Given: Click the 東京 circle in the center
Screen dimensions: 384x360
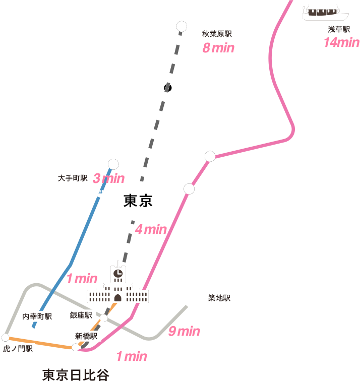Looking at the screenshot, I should coord(138,202).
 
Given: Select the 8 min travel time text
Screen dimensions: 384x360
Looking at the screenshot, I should coord(218,48).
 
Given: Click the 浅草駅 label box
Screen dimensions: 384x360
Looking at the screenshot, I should coord(339,29).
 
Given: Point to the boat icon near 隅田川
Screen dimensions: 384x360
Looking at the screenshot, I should coord(321,12).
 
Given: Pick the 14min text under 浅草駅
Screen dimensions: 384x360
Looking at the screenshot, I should coord(341,43).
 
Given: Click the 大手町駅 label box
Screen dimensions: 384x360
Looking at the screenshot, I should coord(72,178).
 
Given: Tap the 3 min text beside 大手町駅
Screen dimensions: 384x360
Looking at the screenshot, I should coord(108,178).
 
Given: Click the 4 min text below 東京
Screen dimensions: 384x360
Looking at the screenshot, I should coord(151,230).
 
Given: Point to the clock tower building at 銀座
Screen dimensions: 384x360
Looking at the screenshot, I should coord(117,285).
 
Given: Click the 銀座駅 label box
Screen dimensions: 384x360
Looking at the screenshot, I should coord(81,315).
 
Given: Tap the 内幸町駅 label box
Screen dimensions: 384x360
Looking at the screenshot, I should coord(36,316).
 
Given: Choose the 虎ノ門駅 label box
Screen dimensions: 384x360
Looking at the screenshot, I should coord(17,348).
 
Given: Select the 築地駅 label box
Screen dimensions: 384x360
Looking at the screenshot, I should coord(219,298).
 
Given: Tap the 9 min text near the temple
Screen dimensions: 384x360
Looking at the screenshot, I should coord(184,331).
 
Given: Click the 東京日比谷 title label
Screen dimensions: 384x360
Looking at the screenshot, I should coord(75,375).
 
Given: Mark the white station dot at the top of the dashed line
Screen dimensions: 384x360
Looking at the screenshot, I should coord(182,26).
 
